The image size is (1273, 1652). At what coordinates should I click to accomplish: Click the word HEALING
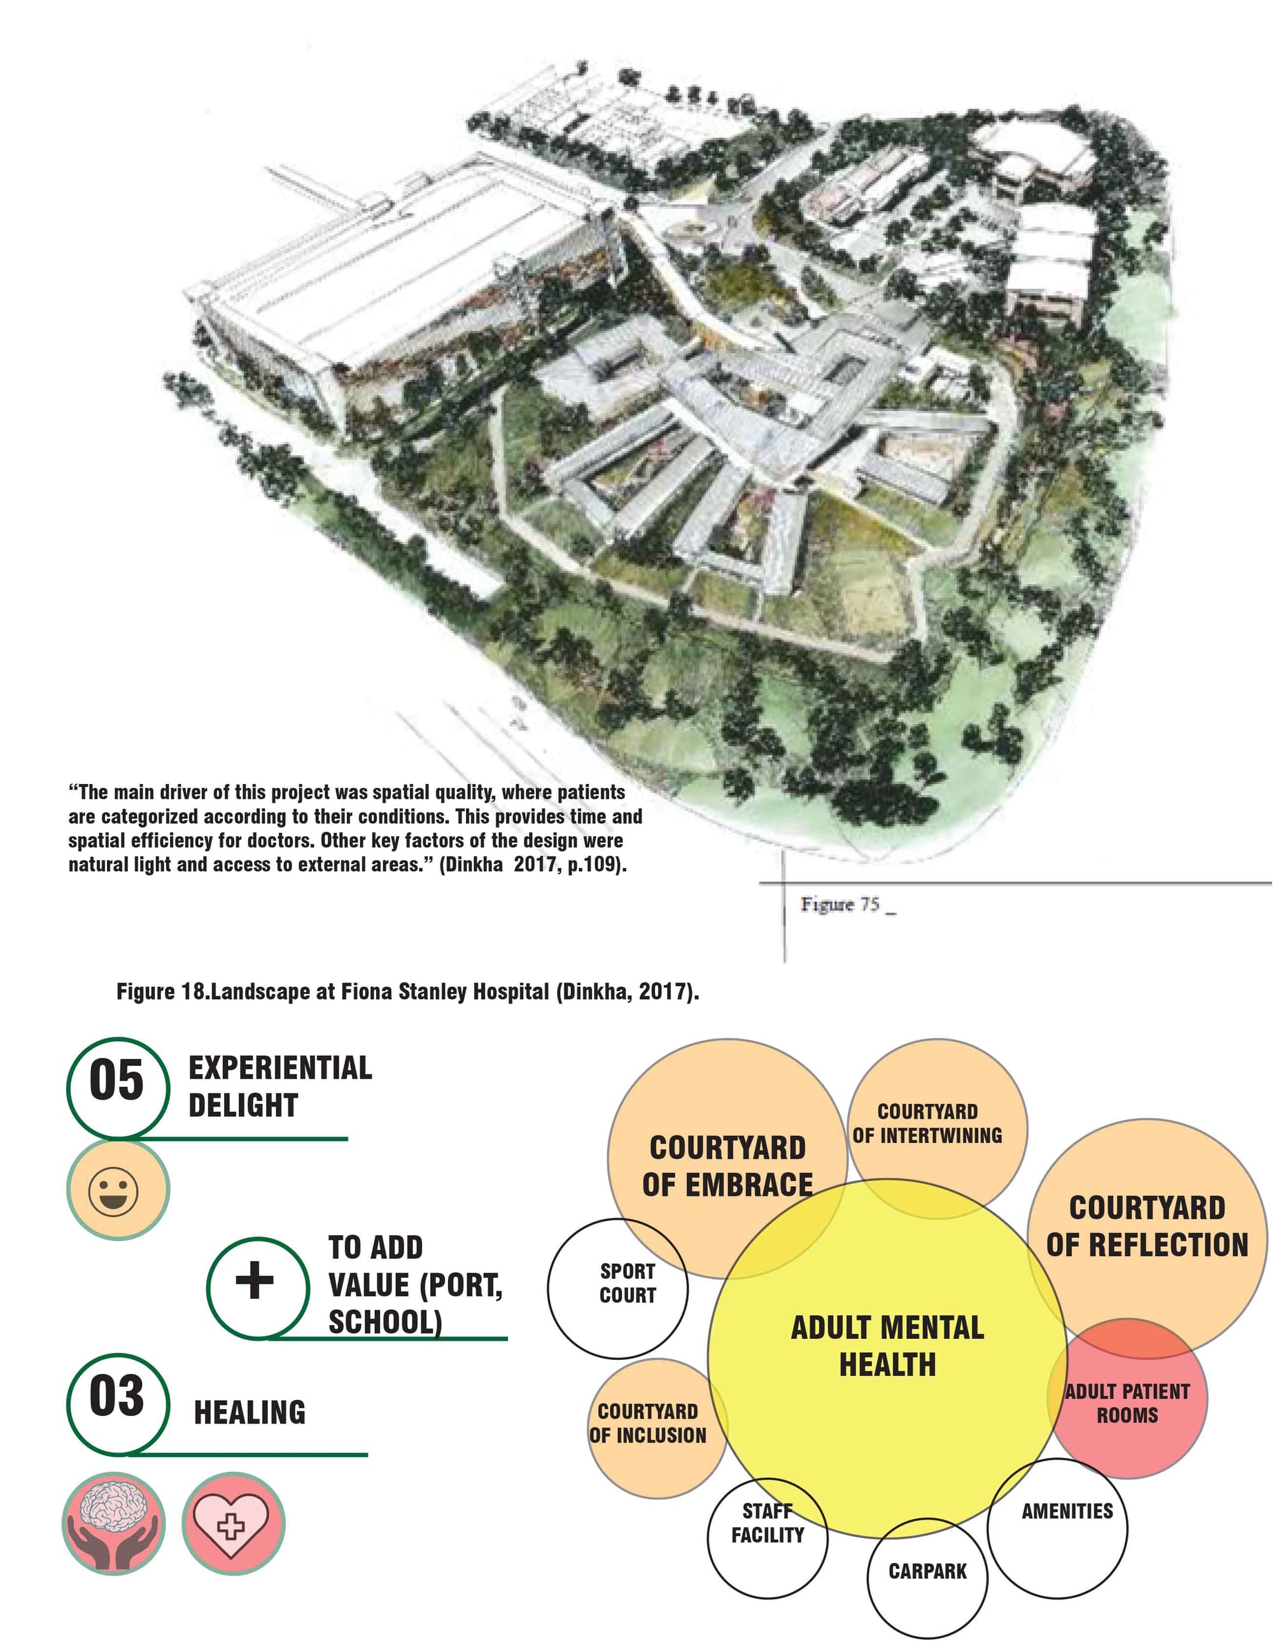click(250, 1412)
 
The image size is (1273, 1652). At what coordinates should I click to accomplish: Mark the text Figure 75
click(840, 904)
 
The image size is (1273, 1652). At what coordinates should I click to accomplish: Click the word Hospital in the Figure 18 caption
click(510, 991)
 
